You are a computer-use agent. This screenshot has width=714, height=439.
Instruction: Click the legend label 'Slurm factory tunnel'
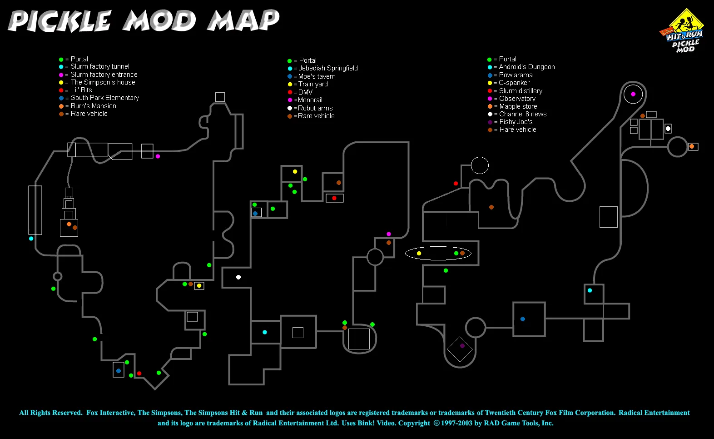[100, 66]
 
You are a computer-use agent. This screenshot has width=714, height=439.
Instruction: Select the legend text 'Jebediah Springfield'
[328, 68]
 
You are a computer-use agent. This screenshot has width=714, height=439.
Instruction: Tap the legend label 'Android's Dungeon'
[526, 67]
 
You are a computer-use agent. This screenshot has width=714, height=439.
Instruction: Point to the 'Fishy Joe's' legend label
[516, 122]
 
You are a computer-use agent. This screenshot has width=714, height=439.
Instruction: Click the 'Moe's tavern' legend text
[317, 76]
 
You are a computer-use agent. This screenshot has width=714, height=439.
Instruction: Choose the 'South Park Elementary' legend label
[105, 98]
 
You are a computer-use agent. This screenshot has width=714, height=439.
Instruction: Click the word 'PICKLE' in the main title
[59, 21]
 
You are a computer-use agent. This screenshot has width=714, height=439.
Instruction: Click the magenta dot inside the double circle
[633, 94]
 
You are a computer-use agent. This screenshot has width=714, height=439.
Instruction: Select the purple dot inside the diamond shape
[462, 346]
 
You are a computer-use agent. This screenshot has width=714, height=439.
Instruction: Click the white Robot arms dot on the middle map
[238, 277]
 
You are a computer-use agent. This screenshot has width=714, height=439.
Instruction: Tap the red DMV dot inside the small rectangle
[334, 198]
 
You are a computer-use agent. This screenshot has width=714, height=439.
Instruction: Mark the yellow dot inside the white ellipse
[419, 253]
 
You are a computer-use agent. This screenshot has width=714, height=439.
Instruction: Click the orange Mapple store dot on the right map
[691, 146]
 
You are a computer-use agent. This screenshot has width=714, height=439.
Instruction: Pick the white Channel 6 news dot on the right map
[668, 129]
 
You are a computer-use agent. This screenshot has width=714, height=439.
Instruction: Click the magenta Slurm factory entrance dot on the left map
[158, 156]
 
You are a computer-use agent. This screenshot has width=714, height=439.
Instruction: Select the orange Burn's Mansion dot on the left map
[69, 224]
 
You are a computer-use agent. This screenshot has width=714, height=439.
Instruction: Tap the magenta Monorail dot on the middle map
[388, 234]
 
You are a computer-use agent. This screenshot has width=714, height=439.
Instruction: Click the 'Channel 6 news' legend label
[523, 114]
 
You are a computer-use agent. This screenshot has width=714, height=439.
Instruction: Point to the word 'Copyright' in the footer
[414, 423]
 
